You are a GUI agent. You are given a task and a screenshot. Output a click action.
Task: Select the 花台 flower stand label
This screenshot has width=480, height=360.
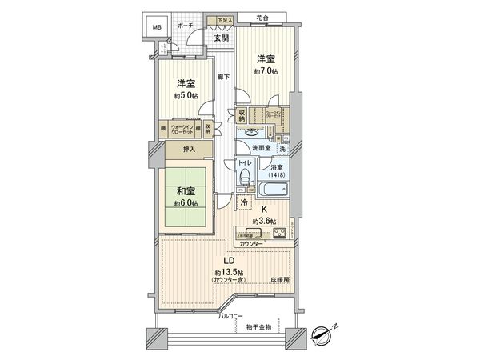pyautogui.click(x=263, y=18)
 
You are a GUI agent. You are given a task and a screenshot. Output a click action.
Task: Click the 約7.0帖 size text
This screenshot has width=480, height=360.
pyautogui.click(x=266, y=70)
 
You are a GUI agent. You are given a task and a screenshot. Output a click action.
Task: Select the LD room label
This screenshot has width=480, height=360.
pyautogui.click(x=228, y=262)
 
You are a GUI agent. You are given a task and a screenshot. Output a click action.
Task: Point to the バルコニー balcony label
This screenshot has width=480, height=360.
pyautogui.click(x=232, y=317)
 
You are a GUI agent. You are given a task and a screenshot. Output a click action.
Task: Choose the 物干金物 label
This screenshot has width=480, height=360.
pyautogui.click(x=258, y=326)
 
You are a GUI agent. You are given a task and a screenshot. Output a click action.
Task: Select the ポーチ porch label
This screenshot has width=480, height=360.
pyautogui.click(x=185, y=25)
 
